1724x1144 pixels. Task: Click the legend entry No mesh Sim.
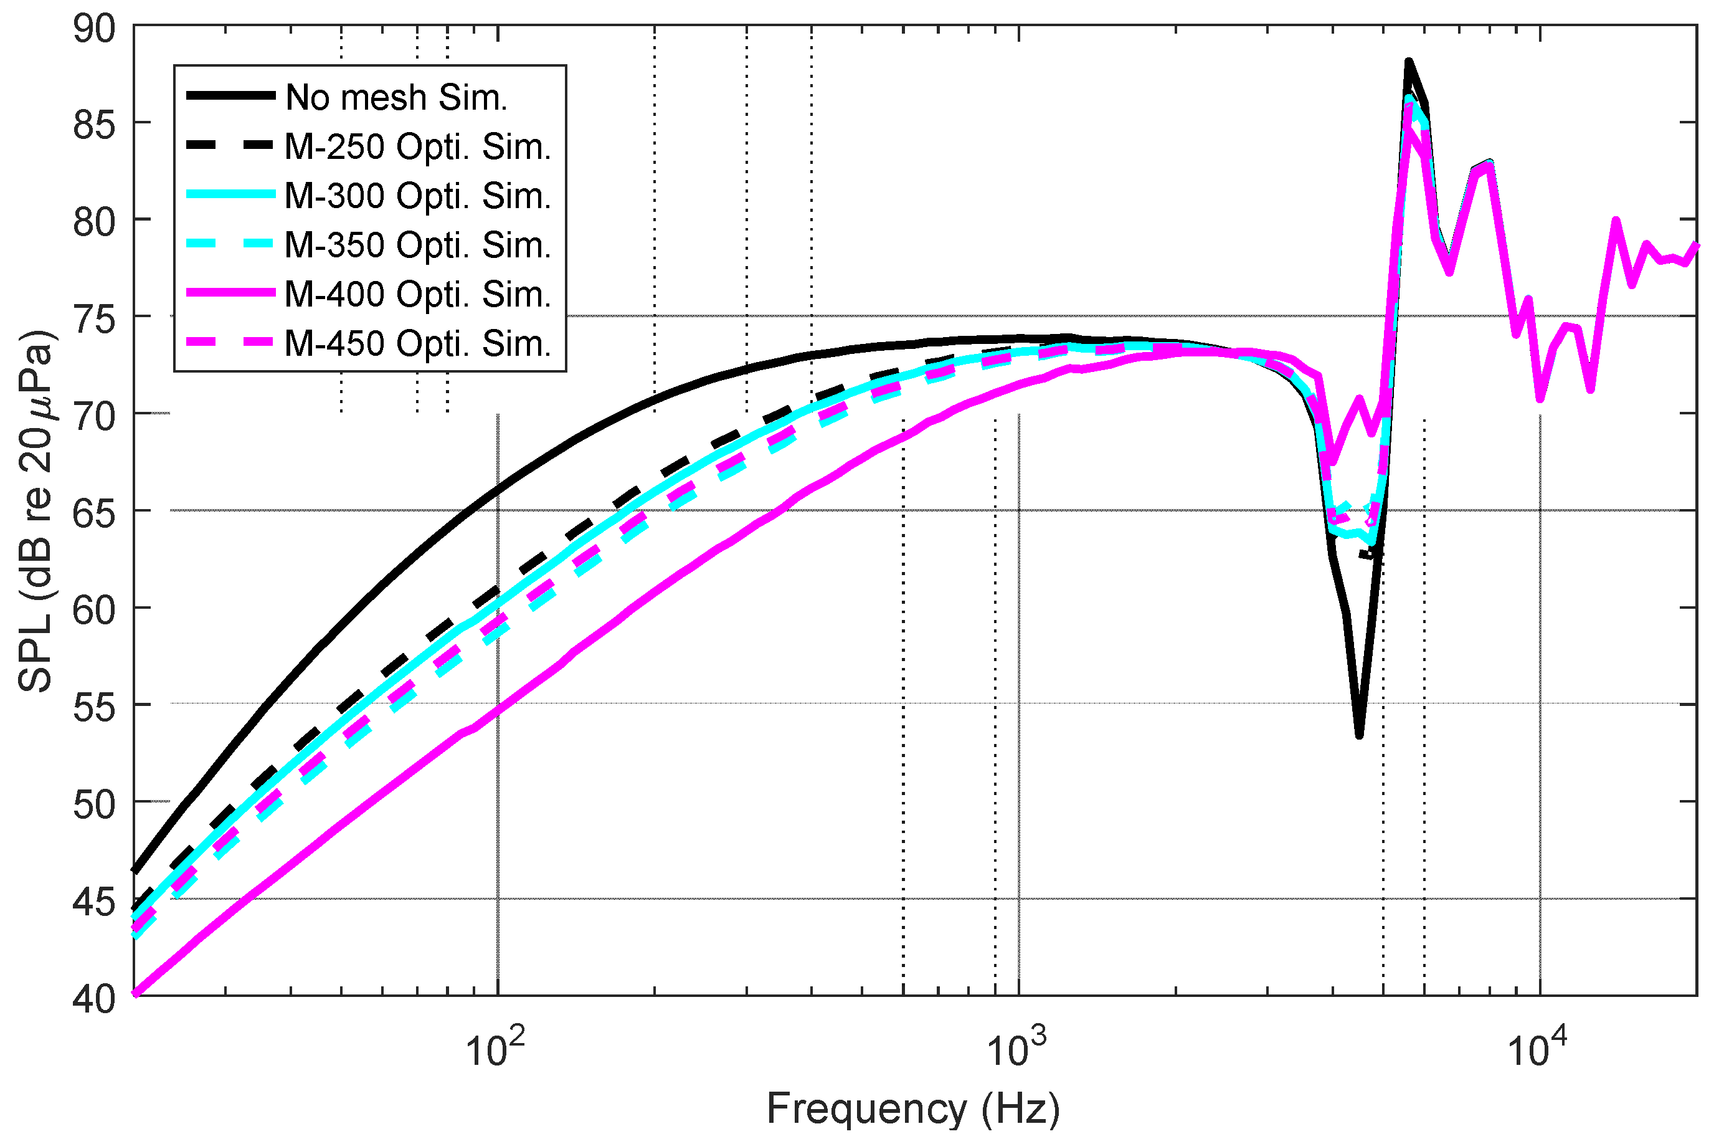[x=396, y=97]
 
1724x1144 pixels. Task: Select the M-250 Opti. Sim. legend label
[x=417, y=146]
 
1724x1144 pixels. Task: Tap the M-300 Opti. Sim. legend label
[x=417, y=196]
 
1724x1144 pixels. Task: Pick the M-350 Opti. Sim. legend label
[x=417, y=244]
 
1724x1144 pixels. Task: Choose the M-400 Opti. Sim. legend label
[x=417, y=294]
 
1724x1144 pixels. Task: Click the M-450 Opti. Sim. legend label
[x=417, y=343]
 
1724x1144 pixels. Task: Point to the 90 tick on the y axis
[x=94, y=29]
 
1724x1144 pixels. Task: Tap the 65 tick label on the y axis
[x=94, y=513]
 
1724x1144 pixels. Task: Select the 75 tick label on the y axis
[x=94, y=320]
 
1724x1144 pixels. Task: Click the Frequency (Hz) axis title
[x=913, y=1110]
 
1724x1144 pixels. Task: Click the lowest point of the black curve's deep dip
[x=1358, y=735]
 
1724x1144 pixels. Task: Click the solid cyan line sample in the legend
[x=230, y=194]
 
